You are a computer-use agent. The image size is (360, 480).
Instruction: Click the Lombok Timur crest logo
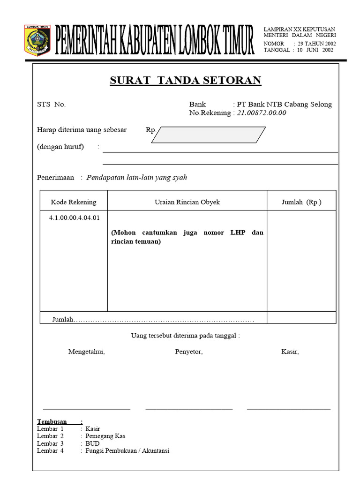(37, 40)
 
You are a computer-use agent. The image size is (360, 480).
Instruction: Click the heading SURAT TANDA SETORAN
(185, 80)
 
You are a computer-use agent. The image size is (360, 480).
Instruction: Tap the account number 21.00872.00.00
(261, 113)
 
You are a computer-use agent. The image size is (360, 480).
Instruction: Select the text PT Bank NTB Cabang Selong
(284, 105)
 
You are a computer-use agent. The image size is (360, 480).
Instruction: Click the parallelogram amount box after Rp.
(209, 135)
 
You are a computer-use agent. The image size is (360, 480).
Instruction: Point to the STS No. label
(51, 105)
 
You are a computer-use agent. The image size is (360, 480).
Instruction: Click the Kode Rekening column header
(74, 202)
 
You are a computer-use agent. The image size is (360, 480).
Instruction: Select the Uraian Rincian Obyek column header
(187, 202)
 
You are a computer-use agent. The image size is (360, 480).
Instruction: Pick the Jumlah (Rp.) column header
(301, 202)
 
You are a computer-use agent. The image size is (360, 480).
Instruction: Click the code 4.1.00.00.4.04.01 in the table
(74, 217)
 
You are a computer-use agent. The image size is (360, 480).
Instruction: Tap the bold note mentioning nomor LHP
(187, 237)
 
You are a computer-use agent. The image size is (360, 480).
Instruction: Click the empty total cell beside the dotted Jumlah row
(301, 318)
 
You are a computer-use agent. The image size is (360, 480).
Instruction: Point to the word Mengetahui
(87, 352)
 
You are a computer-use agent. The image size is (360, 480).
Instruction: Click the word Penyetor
(189, 352)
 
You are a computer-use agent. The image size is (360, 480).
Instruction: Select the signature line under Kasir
(288, 409)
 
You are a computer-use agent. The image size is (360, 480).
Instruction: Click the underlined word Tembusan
(52, 421)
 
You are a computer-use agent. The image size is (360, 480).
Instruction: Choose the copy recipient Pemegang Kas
(105, 436)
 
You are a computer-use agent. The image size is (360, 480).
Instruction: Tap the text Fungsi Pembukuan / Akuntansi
(127, 451)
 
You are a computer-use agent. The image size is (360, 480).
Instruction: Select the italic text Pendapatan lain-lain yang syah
(137, 178)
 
